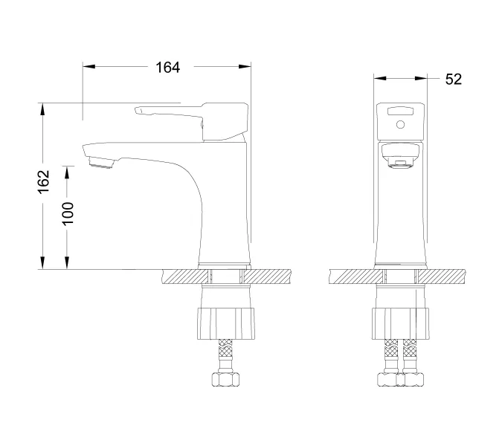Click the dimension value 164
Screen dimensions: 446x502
click(x=167, y=68)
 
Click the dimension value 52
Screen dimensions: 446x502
click(x=453, y=79)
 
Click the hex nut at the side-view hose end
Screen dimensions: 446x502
click(x=226, y=380)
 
